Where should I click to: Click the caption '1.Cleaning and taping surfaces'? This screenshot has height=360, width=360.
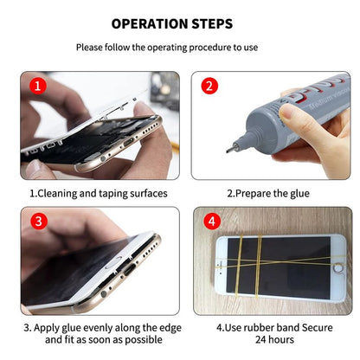[x=99, y=194]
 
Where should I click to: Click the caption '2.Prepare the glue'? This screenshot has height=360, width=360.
[x=267, y=194]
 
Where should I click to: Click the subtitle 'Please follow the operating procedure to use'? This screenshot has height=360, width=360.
[x=178, y=48]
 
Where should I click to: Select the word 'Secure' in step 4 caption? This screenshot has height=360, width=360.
[x=313, y=328]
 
